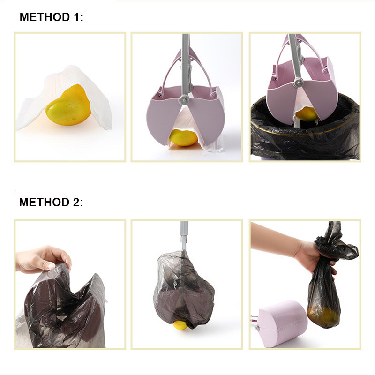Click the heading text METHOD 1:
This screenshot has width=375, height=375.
click(x=52, y=17)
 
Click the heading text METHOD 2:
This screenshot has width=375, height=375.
click(x=51, y=202)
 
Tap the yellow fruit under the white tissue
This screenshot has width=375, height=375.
click(x=68, y=105)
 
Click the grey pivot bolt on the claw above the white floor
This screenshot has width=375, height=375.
click(x=184, y=98)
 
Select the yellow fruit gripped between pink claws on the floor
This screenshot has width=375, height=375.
click(x=183, y=137)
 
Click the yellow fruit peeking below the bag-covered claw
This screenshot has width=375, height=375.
click(x=181, y=325)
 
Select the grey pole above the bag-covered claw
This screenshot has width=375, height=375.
click(x=184, y=236)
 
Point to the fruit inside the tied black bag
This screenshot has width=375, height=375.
click(x=323, y=316)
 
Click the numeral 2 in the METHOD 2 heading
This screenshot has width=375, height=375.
click(x=76, y=202)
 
